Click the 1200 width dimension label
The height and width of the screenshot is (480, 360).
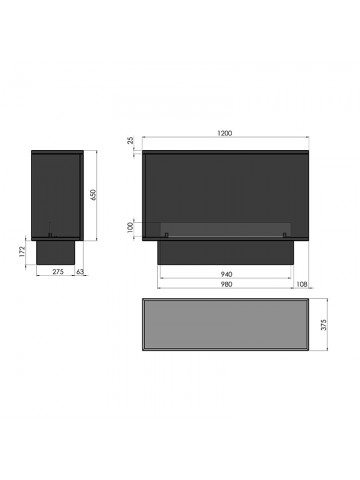(225, 133)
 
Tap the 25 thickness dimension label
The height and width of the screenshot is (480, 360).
(131, 140)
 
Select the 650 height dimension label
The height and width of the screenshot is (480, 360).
(93, 195)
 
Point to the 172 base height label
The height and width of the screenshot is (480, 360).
(22, 251)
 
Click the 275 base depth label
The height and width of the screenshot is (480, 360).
(58, 272)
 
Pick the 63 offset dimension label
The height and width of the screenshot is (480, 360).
(80, 272)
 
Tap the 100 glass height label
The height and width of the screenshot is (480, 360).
(130, 228)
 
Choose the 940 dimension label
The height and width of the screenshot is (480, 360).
(226, 274)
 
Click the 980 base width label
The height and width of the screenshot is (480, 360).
(226, 284)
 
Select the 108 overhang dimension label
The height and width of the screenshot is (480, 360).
(301, 284)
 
